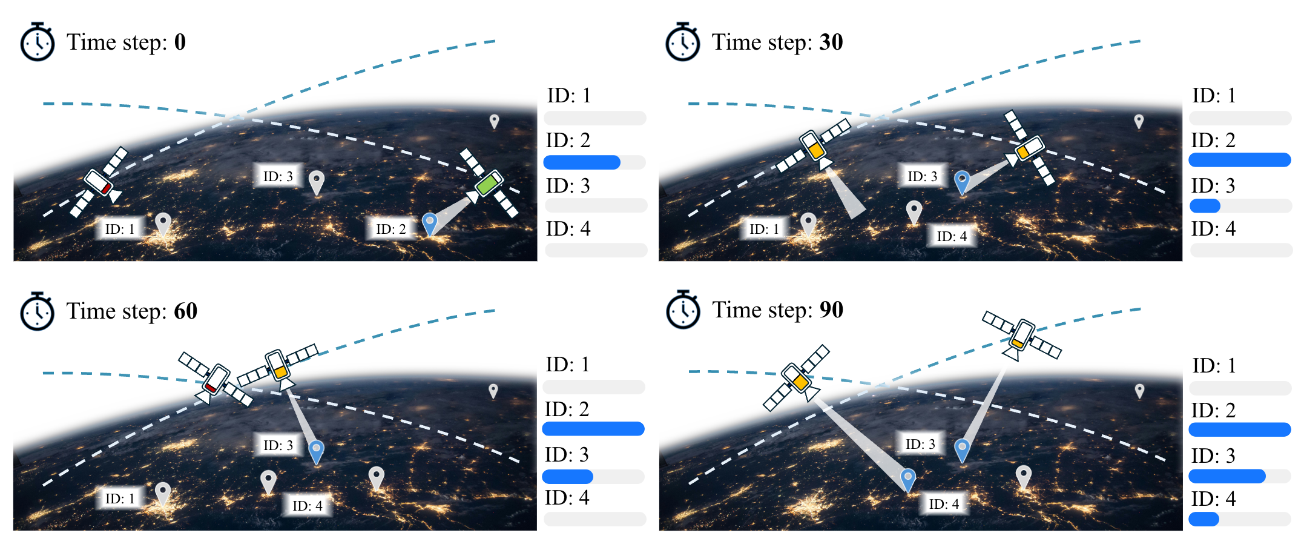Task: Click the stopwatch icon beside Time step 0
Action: [x=38, y=42]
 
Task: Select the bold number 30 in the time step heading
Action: [x=831, y=42]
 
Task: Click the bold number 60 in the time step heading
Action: [x=186, y=311]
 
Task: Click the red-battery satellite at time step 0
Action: [x=99, y=182]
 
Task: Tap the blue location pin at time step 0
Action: [x=430, y=224]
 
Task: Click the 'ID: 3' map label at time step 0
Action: [x=278, y=176]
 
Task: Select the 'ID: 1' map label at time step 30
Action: [x=765, y=229]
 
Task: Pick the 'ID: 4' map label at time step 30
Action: [x=952, y=236]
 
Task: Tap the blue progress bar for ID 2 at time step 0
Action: [x=582, y=162]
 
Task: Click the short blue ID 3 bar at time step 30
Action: [x=1205, y=206]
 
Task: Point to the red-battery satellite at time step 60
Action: [x=216, y=379]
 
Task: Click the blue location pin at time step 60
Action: [x=316, y=452]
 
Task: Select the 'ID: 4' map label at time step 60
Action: [x=308, y=506]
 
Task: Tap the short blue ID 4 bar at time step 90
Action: [x=1204, y=519]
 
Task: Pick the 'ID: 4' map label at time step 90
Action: [x=944, y=504]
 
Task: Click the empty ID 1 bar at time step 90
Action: [x=1240, y=388]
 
